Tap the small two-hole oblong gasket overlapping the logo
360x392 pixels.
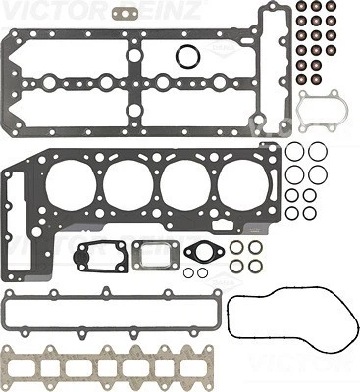(x=124, y=14)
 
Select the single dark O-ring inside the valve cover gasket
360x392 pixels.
(x=188, y=55)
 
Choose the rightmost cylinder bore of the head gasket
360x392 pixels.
(x=241, y=186)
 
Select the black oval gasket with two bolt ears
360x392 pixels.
(x=206, y=253)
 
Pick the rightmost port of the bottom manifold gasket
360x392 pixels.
(x=187, y=367)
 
